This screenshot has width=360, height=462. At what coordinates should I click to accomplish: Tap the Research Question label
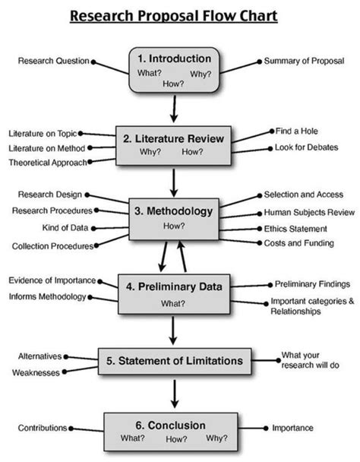pyautogui.click(x=54, y=61)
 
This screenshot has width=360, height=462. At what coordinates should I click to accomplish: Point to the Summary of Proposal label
pyautogui.click(x=303, y=60)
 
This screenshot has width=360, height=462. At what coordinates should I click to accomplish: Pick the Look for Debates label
pyautogui.click(x=305, y=147)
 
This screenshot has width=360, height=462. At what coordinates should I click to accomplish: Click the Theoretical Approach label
pyautogui.click(x=47, y=163)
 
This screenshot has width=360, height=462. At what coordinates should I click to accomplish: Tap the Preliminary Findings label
pyautogui.click(x=312, y=283)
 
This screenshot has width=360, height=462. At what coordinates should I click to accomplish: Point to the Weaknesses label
pyautogui.click(x=38, y=372)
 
